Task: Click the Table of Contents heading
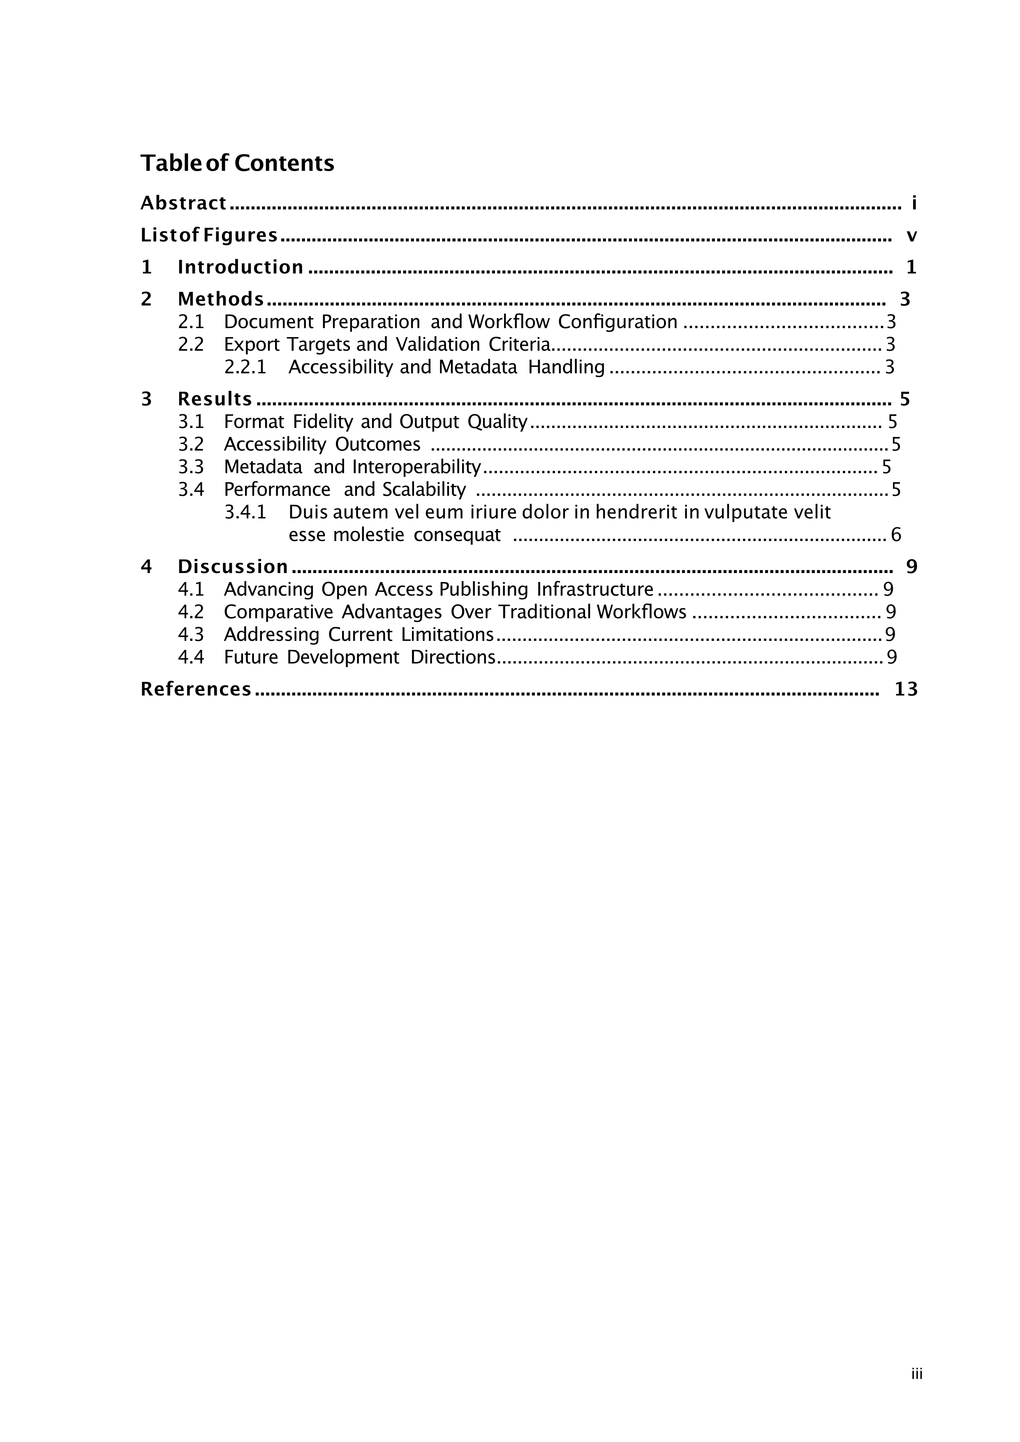237,163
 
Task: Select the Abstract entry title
183,203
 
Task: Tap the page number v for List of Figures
911,236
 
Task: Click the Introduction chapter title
241,268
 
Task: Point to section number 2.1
191,322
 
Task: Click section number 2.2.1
245,367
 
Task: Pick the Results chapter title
215,400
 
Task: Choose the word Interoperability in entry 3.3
416,467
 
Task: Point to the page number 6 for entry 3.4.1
896,535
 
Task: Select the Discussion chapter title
232,567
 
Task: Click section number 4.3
191,635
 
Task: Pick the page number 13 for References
906,690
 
